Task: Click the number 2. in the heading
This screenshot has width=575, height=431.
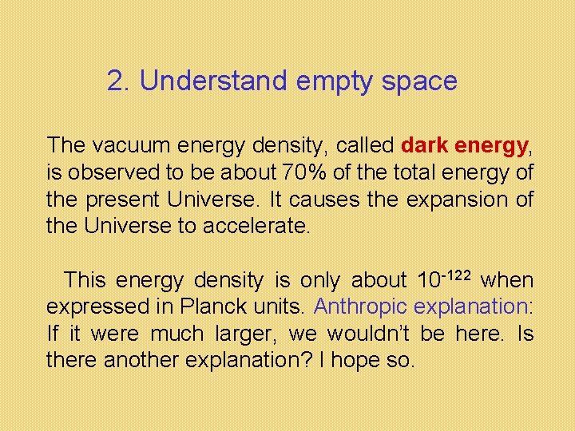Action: pyautogui.click(x=119, y=81)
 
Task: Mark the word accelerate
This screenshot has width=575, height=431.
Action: pyautogui.click(x=255, y=227)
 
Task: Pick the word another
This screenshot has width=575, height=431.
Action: pyautogui.click(x=141, y=361)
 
